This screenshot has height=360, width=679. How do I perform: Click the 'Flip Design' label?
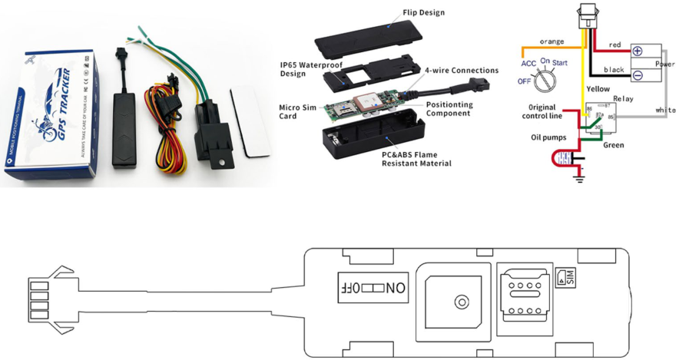[423, 12]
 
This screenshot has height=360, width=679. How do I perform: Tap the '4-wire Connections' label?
[462, 71]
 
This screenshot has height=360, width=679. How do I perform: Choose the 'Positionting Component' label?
[449, 108]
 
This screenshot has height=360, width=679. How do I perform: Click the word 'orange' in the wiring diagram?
[552, 41]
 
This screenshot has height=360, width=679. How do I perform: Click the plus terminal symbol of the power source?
[637, 51]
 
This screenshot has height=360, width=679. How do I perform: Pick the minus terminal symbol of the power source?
[637, 75]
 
